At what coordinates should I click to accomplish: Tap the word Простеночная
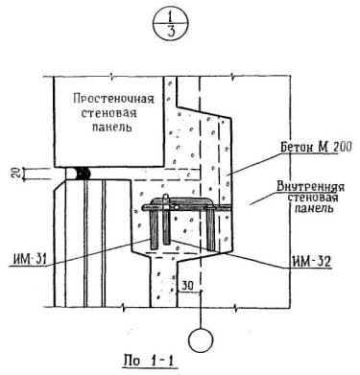tap(113, 99)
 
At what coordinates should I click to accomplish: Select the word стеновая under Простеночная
tap(108, 113)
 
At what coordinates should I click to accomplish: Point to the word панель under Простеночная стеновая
tap(112, 127)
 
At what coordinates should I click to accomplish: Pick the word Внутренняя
tap(310, 187)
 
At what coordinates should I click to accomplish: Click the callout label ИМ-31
tap(29, 258)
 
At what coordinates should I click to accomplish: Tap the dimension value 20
tap(19, 174)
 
